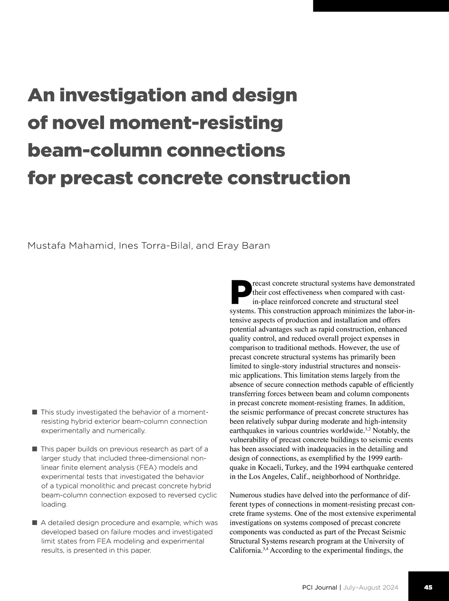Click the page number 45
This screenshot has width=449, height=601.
coord(428,587)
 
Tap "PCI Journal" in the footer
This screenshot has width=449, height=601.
coord(319,587)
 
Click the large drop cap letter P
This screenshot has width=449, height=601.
coord(240,292)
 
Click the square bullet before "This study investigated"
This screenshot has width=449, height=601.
coord(34,412)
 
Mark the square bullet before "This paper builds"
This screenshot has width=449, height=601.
coord(34,449)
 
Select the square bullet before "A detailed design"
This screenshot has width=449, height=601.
coord(34,522)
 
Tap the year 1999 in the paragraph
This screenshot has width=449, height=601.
coord(375,458)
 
